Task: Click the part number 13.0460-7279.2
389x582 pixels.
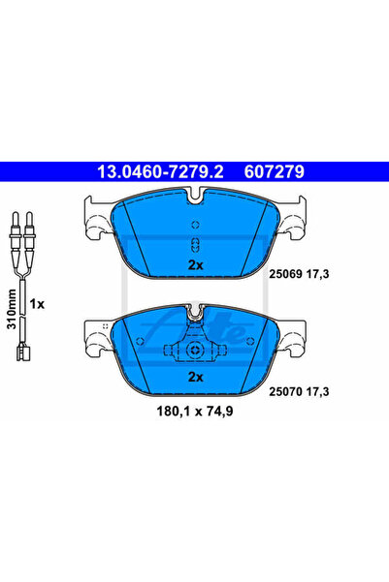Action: (160, 171)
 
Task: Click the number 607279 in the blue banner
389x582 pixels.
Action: (275, 171)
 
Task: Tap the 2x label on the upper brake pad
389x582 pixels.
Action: (196, 265)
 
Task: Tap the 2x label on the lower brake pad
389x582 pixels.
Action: (196, 377)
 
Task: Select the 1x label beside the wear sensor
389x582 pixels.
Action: (37, 304)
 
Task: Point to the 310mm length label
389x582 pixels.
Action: (12, 309)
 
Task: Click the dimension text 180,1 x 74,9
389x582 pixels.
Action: (195, 412)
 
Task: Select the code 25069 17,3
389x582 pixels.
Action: (299, 274)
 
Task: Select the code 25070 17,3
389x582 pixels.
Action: (299, 391)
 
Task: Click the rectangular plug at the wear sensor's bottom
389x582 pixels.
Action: (23, 352)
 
